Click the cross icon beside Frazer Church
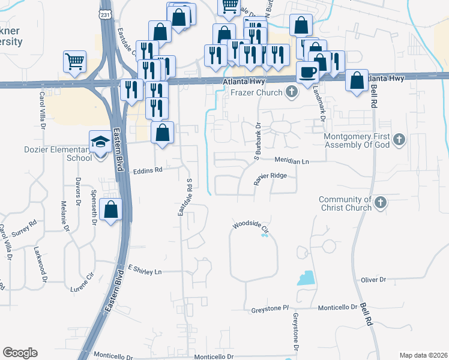(292, 92)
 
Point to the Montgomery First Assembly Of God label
(357, 140)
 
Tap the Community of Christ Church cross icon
(380, 204)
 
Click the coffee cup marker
(308, 72)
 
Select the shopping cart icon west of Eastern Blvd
(74, 61)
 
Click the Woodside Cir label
(250, 225)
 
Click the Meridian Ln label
(292, 161)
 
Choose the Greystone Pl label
(269, 308)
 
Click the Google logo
(20, 352)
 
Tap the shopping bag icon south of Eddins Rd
(111, 210)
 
